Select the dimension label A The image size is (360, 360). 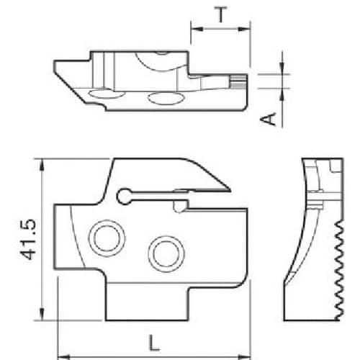268,118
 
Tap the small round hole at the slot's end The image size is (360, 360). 124,194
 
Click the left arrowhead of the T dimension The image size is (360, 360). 194,30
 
